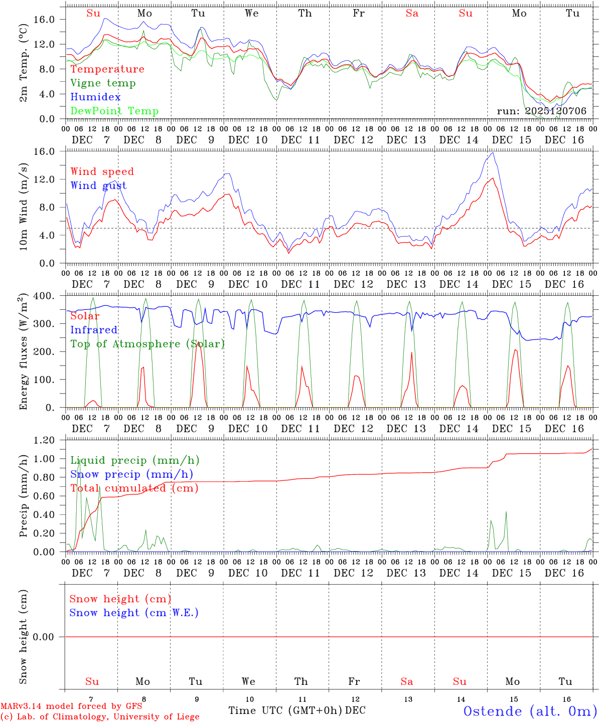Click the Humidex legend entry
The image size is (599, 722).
coord(95,97)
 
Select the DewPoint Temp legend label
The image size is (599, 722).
coord(114,111)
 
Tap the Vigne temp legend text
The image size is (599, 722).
coord(103,83)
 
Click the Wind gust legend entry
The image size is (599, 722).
coord(98,186)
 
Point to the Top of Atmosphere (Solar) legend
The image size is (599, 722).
coord(147,344)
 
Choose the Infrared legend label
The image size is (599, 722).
coord(94,330)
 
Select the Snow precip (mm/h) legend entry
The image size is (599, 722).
coord(131,474)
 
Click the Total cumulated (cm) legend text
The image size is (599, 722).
coord(134,488)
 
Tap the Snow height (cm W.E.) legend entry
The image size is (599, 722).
coord(133,613)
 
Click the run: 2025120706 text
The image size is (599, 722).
coord(541,111)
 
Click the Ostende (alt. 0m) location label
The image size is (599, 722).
coord(530,711)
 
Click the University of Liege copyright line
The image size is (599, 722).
coord(100,716)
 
